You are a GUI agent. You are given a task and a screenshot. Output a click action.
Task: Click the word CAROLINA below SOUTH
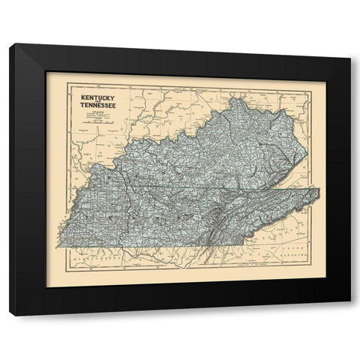298,256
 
